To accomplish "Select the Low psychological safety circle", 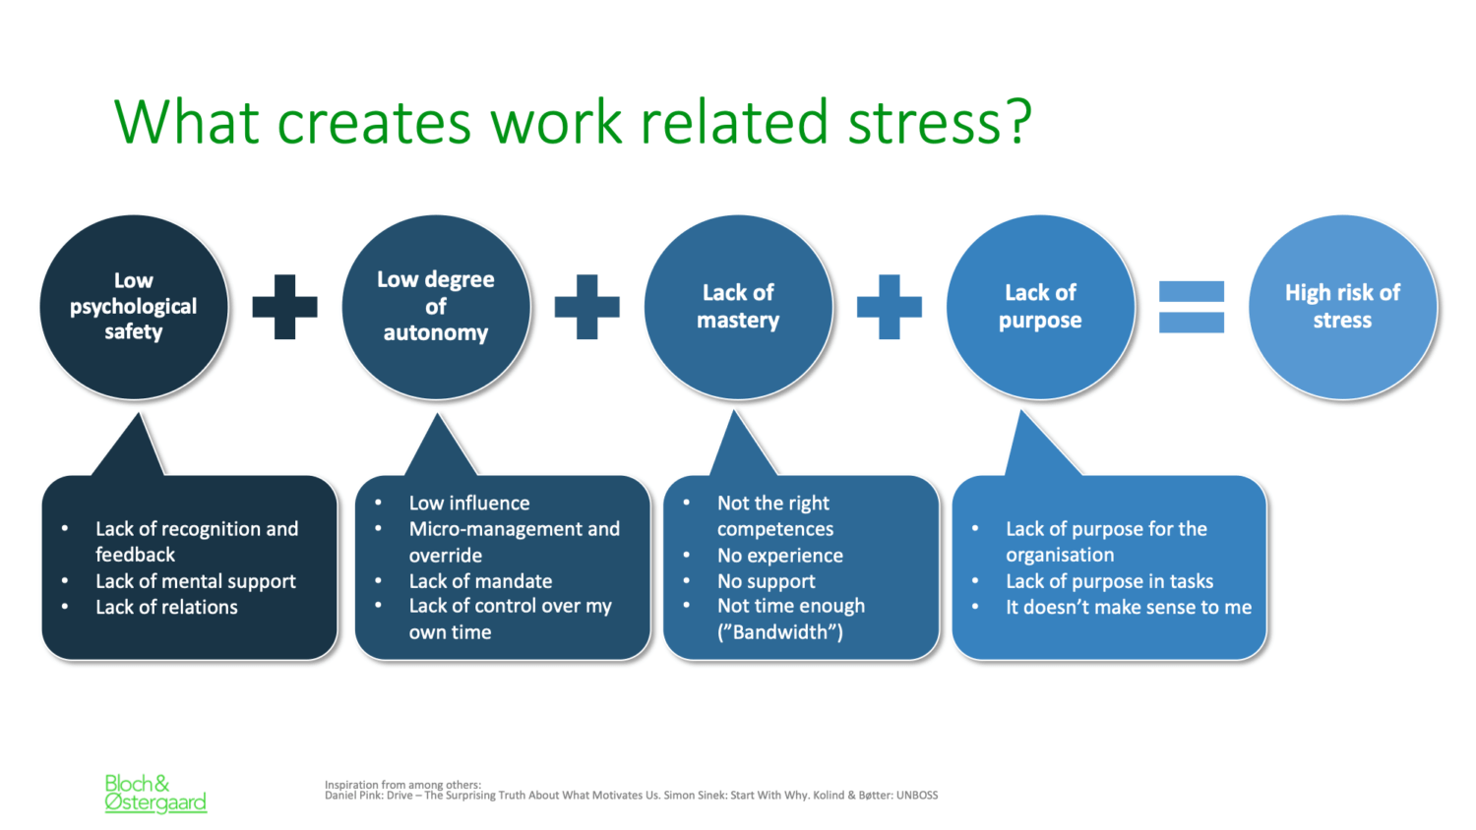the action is (x=134, y=307).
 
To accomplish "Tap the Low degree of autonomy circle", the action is (x=436, y=307).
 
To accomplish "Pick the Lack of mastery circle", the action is (x=738, y=307).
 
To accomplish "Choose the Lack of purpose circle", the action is (x=1040, y=307).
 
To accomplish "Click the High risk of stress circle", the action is (x=1342, y=307).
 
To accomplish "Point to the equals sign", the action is (x=1192, y=307).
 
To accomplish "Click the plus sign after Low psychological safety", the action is (x=284, y=307).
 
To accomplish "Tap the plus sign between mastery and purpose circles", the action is (x=889, y=307).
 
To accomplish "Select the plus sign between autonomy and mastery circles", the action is (x=587, y=307).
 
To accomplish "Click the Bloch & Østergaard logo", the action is (x=155, y=793).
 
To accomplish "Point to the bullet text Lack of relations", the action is (x=166, y=607).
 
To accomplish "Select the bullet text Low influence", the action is (x=469, y=504).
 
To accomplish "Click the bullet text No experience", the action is (x=780, y=556).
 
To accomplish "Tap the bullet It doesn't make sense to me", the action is (x=1129, y=607).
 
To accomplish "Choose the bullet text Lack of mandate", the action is (x=480, y=581).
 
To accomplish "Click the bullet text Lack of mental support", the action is (x=196, y=581).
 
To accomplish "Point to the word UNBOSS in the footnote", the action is (x=916, y=795).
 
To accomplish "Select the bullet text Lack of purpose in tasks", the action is (x=1110, y=581).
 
